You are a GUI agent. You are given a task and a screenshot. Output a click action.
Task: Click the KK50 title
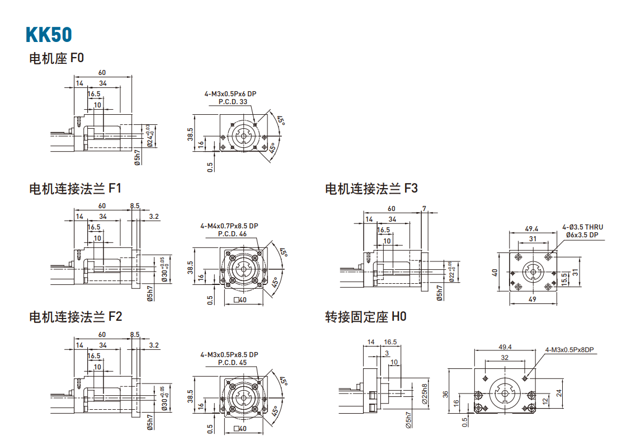49,34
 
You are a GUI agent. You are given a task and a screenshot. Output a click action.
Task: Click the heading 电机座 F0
56,58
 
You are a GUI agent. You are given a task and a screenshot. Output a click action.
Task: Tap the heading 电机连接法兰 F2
75,317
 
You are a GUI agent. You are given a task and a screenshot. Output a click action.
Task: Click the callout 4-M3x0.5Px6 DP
230,94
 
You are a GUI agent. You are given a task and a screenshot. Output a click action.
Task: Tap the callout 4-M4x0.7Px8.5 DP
229,226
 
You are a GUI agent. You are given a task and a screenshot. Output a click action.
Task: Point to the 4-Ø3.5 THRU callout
583,227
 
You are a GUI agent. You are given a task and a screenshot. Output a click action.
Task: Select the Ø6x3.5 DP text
582,235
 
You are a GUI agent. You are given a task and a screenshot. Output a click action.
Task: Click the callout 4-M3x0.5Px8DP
569,350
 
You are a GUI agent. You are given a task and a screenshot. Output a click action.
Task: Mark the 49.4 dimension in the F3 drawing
531,228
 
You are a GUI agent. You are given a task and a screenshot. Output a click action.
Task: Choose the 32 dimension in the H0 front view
505,357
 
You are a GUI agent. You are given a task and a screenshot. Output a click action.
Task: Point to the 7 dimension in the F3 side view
425,209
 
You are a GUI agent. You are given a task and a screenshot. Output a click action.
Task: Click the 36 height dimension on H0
446,394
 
